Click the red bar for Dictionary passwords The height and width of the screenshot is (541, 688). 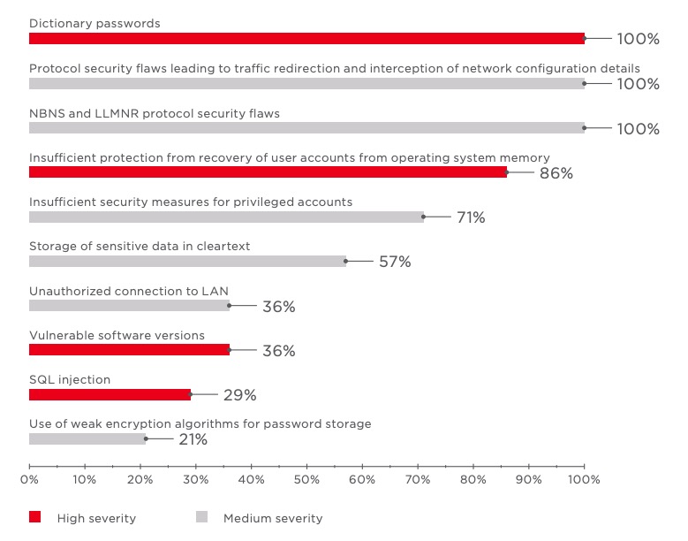click(306, 39)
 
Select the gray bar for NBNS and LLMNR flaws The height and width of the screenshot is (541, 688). click(306, 128)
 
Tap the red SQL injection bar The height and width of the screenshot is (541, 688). click(110, 394)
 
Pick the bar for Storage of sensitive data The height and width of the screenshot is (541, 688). click(187, 262)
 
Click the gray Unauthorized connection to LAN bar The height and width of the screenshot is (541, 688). click(129, 306)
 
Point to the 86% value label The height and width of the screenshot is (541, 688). click(556, 173)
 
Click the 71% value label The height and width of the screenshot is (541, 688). click(471, 217)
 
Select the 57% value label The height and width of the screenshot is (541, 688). click(394, 262)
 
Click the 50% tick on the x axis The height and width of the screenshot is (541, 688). click(306, 480)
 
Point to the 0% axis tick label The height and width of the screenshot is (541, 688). click(29, 480)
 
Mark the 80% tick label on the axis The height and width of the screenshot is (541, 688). click(473, 480)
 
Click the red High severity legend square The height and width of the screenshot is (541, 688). click(35, 518)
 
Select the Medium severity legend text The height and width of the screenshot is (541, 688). click(273, 519)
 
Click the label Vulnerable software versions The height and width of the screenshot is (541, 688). click(117, 336)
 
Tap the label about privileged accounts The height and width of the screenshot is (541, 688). click(191, 202)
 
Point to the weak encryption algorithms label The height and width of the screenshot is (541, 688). click(200, 424)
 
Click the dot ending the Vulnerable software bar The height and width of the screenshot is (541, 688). click(230, 350)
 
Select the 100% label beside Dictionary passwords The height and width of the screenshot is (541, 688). click(638, 40)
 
